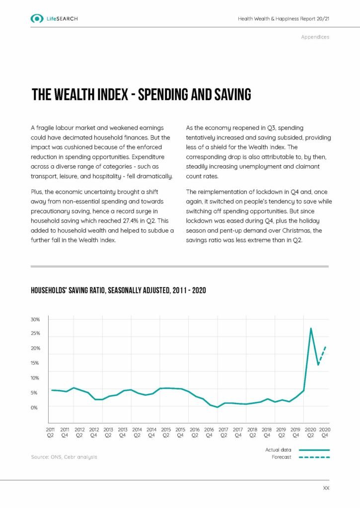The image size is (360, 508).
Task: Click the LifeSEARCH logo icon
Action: click(x=37, y=19)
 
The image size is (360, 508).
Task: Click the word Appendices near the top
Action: click(x=315, y=37)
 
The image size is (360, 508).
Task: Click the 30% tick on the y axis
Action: click(x=35, y=319)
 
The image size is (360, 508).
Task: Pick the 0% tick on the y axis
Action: click(x=35, y=408)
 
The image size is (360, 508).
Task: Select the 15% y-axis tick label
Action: click(x=35, y=363)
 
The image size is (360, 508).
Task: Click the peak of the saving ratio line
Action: click(x=311, y=328)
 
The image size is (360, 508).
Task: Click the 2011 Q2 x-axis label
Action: click(x=50, y=432)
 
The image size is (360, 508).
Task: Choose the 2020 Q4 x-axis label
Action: click(x=325, y=432)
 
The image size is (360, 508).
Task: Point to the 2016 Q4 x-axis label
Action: click(x=209, y=432)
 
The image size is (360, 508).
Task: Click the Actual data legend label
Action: click(x=279, y=450)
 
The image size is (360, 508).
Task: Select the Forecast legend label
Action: click(x=282, y=457)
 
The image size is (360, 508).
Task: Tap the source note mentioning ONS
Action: click(x=64, y=457)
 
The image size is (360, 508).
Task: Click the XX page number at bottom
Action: click(x=326, y=489)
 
